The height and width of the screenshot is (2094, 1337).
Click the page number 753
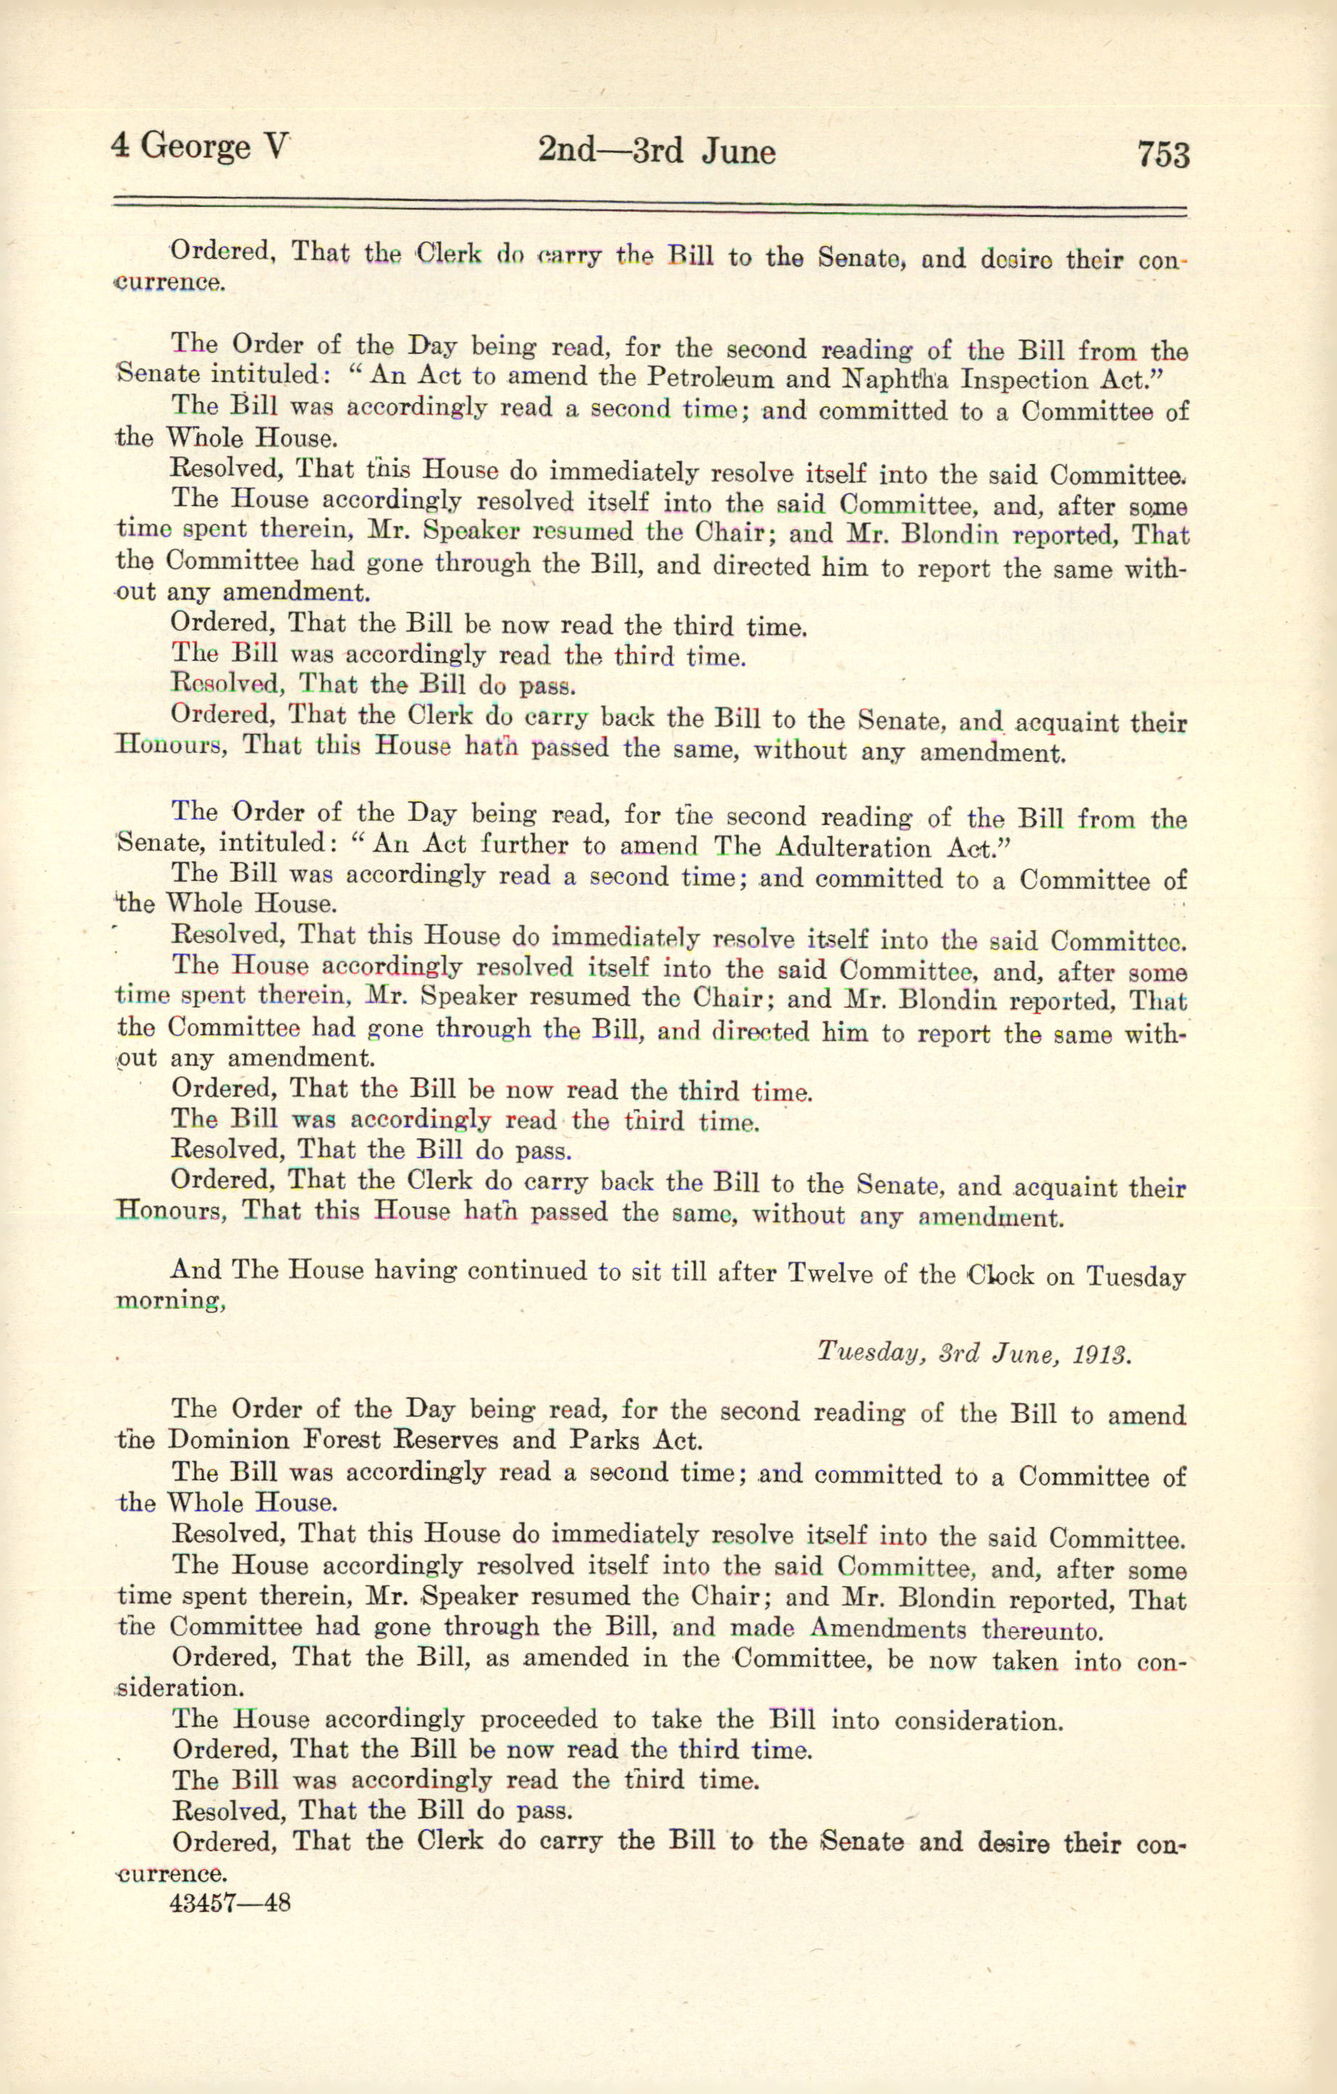1162,154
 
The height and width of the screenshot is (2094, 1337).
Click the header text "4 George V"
199,147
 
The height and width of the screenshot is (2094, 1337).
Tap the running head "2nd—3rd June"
656,152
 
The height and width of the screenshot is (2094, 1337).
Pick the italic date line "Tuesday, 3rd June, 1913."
974,1353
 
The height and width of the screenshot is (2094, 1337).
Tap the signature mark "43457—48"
231,1902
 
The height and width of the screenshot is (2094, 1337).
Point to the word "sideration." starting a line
179,1688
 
